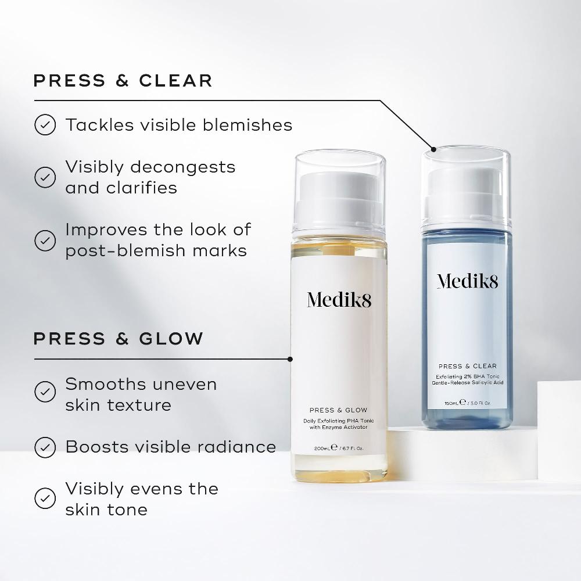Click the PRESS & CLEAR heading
(123, 80)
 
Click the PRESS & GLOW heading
(119, 338)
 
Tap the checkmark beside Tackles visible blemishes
(45, 125)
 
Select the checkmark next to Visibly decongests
(45, 177)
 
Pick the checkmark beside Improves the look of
(45, 240)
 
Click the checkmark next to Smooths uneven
(45, 392)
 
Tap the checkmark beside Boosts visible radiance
(45, 447)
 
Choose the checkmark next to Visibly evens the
(45, 498)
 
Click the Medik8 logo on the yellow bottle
(339, 300)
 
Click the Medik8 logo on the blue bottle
(467, 282)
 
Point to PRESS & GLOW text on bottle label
(339, 410)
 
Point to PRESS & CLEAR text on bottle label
(467, 366)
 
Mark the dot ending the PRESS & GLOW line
(290, 359)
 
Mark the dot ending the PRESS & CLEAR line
(432, 148)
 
